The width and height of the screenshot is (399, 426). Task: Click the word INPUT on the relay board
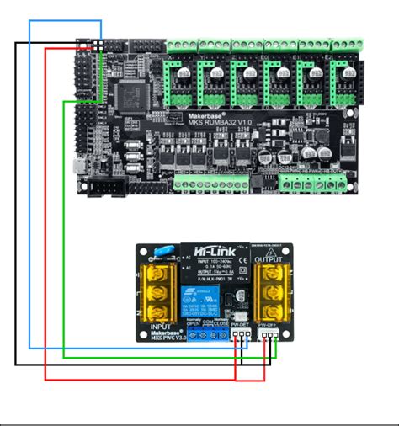160,327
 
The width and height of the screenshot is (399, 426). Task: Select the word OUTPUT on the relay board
269,259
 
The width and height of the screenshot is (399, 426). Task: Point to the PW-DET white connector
242,334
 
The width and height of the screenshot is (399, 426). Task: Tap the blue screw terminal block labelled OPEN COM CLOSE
208,336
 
